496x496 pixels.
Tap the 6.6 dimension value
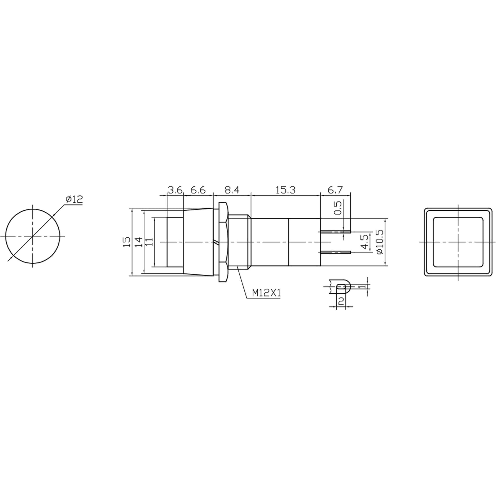click(198, 190)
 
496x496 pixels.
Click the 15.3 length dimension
click(285, 190)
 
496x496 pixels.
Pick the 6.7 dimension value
click(335, 190)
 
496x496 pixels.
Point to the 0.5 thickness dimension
click(339, 208)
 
